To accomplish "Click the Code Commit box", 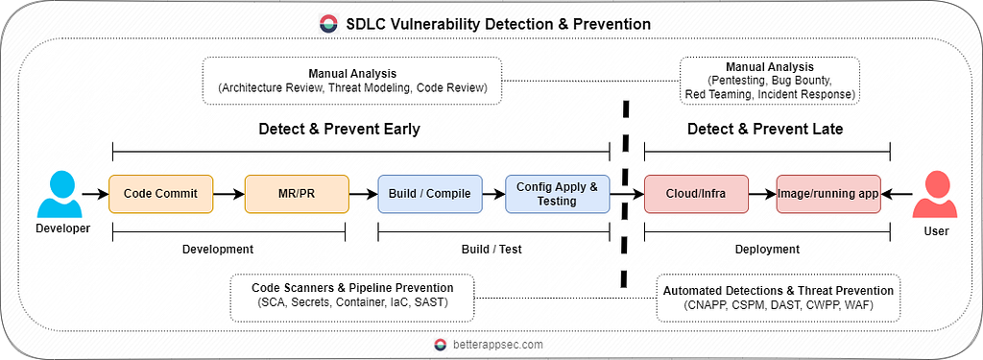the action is pos(161,194).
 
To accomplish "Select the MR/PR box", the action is pos(297,194).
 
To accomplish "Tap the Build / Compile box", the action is pos(429,194).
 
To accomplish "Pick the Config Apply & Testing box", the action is pos(558,194).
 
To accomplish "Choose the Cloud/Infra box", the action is pos(697,194).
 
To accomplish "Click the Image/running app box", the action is pos(828,194).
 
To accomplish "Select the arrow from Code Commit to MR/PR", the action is pos(229,195).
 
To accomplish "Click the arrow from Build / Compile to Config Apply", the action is pos(494,195).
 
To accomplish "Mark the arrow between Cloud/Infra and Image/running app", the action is pos(762,195).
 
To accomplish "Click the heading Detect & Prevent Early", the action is pos(339,130).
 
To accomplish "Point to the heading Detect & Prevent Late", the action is pos(765,130).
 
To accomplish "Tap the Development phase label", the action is pos(218,249).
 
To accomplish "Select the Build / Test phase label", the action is pos(492,249).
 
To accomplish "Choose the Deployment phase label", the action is pos(767,249).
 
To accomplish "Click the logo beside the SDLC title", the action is pos(328,24).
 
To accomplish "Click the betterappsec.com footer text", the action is pos(498,345).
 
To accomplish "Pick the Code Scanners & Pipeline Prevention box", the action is pos(352,298).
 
